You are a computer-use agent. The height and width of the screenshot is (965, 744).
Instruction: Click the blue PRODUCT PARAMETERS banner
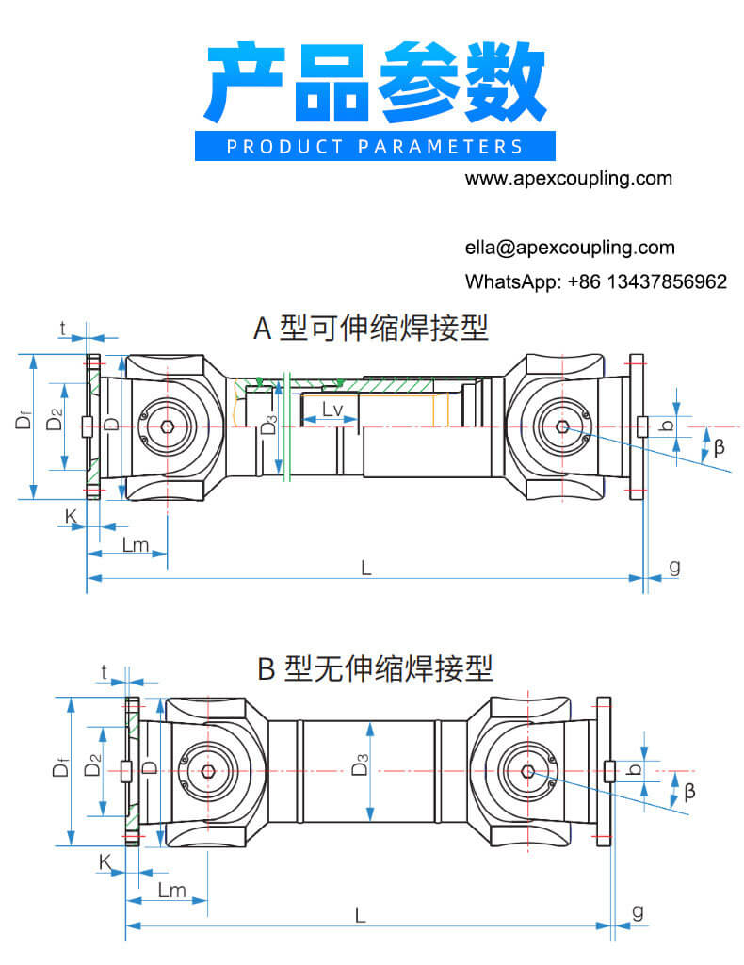pos(375,146)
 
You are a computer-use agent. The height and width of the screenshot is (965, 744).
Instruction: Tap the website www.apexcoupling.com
pos(569,178)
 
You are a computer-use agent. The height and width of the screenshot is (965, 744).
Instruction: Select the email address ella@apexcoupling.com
pos(569,248)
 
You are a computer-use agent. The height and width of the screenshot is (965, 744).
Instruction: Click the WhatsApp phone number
pos(647,281)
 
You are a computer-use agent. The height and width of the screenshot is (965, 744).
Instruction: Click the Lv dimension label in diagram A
pos(332,410)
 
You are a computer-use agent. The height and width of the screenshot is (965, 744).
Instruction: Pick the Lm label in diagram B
pos(171,890)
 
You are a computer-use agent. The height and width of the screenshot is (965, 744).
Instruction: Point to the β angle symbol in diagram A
pos(720,448)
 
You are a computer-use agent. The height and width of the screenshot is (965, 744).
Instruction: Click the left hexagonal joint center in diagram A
pos(167,426)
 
